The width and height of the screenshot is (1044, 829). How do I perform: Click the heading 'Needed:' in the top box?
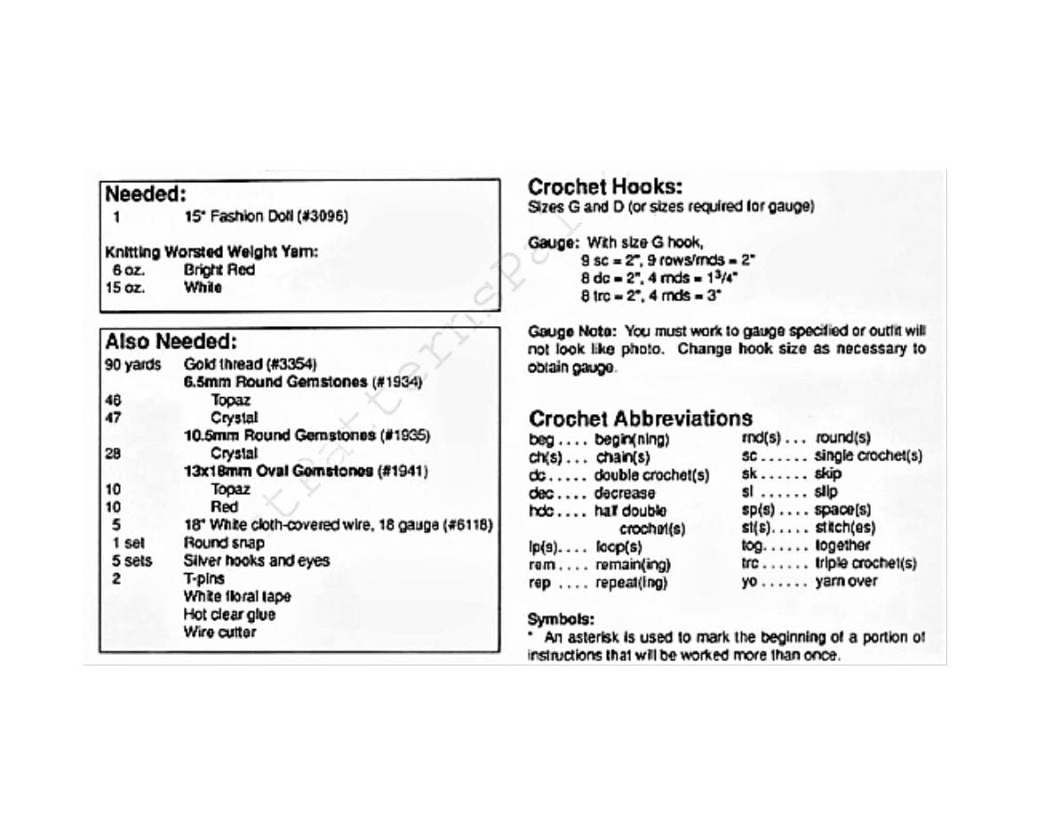coord(146,195)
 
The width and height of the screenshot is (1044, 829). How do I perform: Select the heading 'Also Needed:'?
coord(171,342)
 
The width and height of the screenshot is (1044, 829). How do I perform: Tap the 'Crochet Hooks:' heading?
coord(604,187)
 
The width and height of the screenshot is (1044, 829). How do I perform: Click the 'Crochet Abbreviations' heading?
coord(640,418)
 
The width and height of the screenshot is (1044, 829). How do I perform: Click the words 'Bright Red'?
coord(219,270)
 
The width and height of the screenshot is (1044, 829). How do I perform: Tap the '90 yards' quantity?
coord(133,364)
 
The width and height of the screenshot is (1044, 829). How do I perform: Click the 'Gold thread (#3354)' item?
coord(250,364)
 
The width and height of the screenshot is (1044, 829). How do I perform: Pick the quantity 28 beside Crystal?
coord(112,453)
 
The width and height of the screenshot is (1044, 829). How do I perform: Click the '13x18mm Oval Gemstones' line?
coord(306,471)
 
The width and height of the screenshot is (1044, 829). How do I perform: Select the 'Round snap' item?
coord(224,543)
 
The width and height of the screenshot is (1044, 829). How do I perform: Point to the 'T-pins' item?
coord(203,578)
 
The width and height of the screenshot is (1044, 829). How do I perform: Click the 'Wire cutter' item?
coord(219,633)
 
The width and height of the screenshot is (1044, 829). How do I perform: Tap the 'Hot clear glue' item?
coord(229,615)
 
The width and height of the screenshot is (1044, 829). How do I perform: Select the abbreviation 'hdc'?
coord(540,511)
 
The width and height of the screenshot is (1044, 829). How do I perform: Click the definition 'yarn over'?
coord(846,582)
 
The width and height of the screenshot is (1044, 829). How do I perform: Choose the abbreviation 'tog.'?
coord(753,546)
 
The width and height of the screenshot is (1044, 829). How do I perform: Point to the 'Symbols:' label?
coord(561,618)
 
